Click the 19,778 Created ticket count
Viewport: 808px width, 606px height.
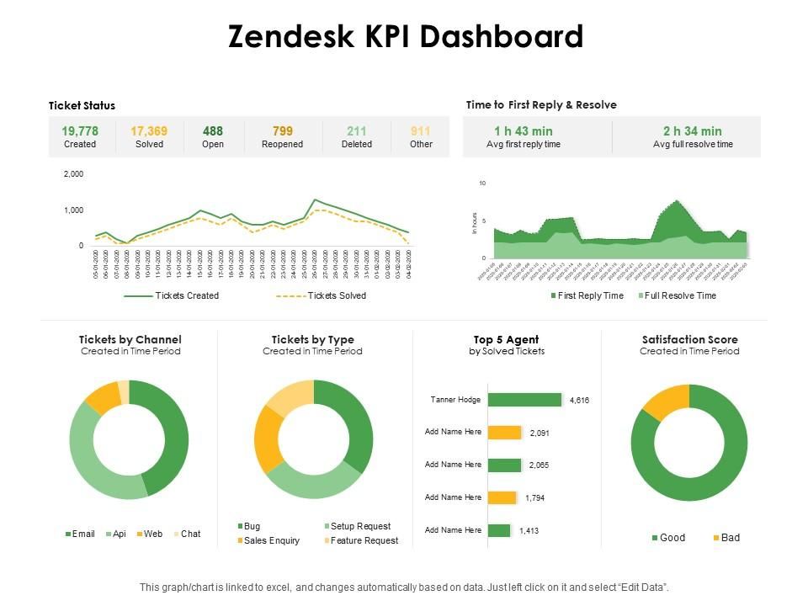(80, 130)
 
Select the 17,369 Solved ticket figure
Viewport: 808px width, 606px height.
(149, 130)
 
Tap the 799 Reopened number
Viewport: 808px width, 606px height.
(282, 130)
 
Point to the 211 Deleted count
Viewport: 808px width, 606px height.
(356, 130)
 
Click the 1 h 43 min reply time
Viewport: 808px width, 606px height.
(524, 130)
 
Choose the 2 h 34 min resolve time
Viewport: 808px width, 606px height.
(692, 130)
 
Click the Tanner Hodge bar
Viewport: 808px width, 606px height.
(524, 400)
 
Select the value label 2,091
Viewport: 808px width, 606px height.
(540, 433)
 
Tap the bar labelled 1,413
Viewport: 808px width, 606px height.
(499, 530)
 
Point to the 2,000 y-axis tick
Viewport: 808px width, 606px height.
(74, 174)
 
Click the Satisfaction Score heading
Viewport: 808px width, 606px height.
(689, 339)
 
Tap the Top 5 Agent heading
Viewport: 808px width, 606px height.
(506, 339)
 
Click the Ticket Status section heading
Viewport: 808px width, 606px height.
(82, 105)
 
